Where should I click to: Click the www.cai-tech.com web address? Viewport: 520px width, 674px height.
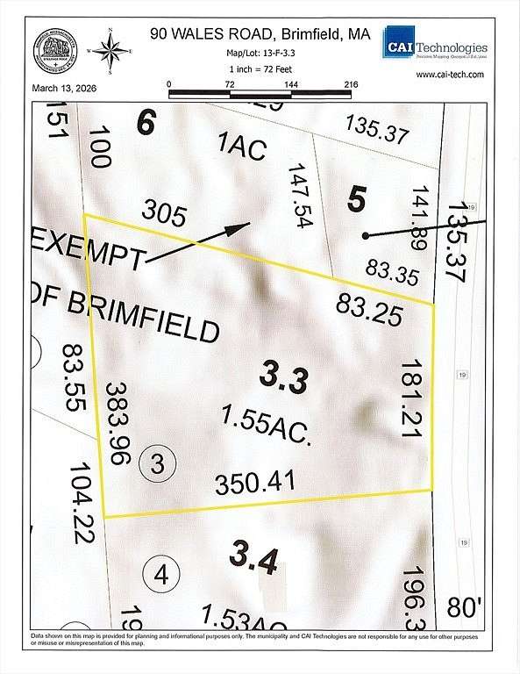click(451, 75)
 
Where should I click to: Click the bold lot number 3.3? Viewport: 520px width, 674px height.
click(283, 379)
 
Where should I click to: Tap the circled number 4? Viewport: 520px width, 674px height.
click(160, 575)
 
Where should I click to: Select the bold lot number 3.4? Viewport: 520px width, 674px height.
click(255, 556)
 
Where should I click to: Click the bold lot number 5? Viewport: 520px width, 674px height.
click(355, 199)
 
